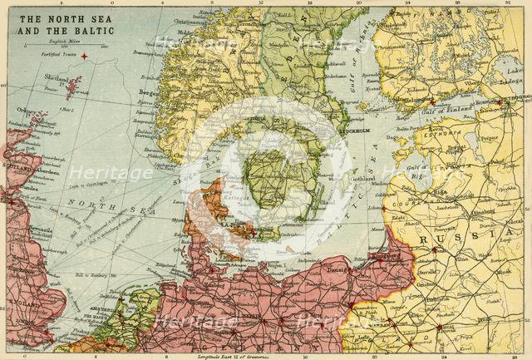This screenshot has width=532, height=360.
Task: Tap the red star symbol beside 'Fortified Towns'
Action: tap(83, 55)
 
